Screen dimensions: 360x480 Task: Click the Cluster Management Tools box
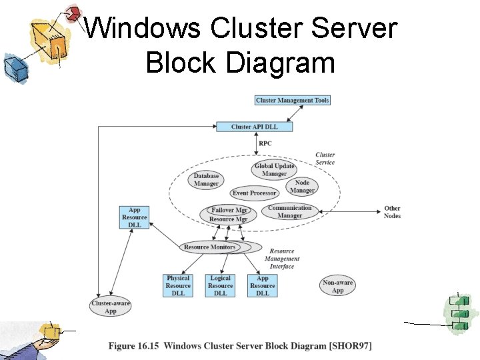[x=293, y=100]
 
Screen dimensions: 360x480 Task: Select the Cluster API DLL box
[x=255, y=127]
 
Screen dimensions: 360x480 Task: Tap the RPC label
[x=265, y=143]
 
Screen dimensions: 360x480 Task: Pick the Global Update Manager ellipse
[x=274, y=170]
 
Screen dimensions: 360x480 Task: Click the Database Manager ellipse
[x=206, y=180]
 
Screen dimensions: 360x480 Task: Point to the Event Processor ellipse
[x=254, y=193]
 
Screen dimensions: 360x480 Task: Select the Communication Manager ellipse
[x=289, y=211]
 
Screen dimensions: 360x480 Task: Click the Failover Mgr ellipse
[x=229, y=210]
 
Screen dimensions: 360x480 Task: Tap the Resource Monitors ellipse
[x=209, y=247]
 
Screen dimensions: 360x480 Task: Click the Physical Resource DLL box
[x=178, y=285]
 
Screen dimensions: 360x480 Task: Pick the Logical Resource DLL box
[x=220, y=285]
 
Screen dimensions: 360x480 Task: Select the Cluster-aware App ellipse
[x=111, y=307]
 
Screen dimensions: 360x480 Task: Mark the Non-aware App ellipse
[x=338, y=286]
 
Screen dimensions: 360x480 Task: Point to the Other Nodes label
[x=392, y=212]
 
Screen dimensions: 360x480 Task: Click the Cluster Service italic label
[x=325, y=159]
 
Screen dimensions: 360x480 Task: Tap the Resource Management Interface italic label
[x=282, y=259]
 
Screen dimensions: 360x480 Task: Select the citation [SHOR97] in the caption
[x=350, y=345]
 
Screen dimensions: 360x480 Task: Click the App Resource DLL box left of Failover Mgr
[x=135, y=217]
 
